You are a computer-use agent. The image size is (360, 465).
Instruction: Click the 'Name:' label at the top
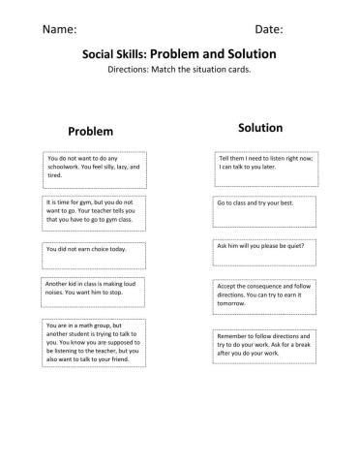(60, 29)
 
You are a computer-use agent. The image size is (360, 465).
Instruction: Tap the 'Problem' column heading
(91, 131)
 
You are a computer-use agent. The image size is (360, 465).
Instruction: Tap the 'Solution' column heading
(259, 127)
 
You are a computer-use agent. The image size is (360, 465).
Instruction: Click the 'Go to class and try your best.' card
(261, 204)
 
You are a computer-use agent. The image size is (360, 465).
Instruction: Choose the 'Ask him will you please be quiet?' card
(261, 247)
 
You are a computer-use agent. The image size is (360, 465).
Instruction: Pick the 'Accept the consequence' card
(261, 294)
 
